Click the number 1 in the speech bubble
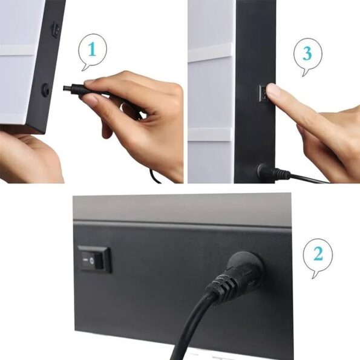(93, 49)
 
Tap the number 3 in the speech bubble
(307, 53)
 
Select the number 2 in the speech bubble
(318, 254)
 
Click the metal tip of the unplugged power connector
(67, 88)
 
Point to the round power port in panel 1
(45, 90)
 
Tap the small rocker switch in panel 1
(56, 30)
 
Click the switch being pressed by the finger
(263, 93)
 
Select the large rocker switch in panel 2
(94, 260)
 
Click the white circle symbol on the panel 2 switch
(92, 260)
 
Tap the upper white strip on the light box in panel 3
(210, 53)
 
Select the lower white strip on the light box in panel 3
(209, 134)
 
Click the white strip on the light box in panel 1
(18, 50)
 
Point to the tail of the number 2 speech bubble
(315, 275)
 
